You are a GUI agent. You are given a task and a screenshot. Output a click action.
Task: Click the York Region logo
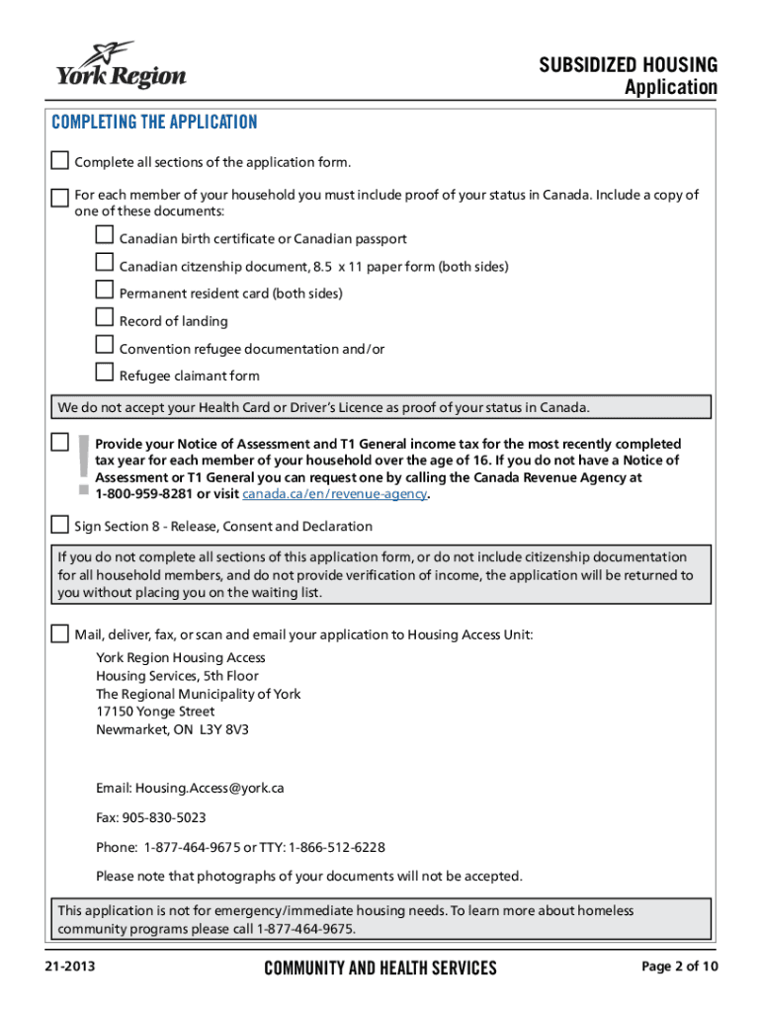click(x=121, y=65)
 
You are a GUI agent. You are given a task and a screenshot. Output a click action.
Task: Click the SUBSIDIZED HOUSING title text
click(x=628, y=65)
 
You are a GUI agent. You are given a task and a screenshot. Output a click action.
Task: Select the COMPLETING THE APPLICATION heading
click(x=154, y=123)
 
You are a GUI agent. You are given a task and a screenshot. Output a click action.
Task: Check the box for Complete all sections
click(x=60, y=160)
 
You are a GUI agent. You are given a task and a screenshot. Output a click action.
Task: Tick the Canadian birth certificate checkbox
click(x=105, y=235)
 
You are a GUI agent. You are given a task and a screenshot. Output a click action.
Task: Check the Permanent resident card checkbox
click(x=105, y=290)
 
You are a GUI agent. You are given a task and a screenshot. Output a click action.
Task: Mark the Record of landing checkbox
click(x=105, y=317)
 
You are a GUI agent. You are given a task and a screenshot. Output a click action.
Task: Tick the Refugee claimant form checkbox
click(x=105, y=373)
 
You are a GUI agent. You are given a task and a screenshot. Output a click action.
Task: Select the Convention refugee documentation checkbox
click(x=105, y=345)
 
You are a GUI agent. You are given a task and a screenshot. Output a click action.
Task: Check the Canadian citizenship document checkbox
click(x=105, y=263)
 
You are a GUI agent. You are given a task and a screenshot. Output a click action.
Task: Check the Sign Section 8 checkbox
click(x=60, y=524)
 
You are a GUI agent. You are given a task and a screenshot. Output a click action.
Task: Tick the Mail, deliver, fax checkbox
click(x=60, y=632)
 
